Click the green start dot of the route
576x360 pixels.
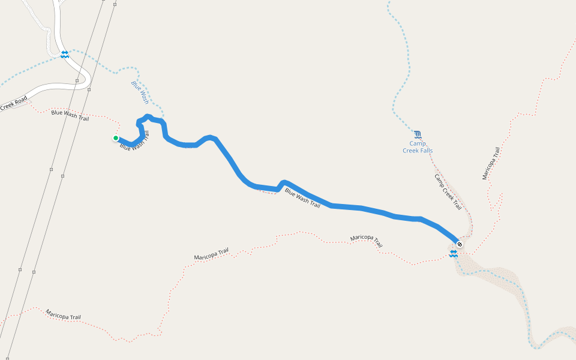[x=116, y=138]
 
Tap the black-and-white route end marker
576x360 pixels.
[x=459, y=244]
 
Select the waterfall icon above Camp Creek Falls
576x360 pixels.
[x=418, y=133]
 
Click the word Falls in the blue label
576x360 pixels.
[x=423, y=151]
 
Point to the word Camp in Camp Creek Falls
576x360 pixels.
[x=418, y=143]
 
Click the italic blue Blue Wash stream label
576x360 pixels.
[x=140, y=92]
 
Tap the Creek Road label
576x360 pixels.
[x=14, y=103]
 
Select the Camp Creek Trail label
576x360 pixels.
[x=448, y=191]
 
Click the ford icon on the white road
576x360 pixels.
[x=64, y=55]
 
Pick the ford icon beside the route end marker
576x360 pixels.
[x=454, y=254]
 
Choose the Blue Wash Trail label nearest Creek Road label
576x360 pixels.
[x=70, y=114]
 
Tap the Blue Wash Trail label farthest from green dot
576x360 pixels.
[x=302, y=198]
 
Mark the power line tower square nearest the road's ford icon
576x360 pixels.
[x=77, y=79]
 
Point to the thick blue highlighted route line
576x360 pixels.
[x=360, y=208]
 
